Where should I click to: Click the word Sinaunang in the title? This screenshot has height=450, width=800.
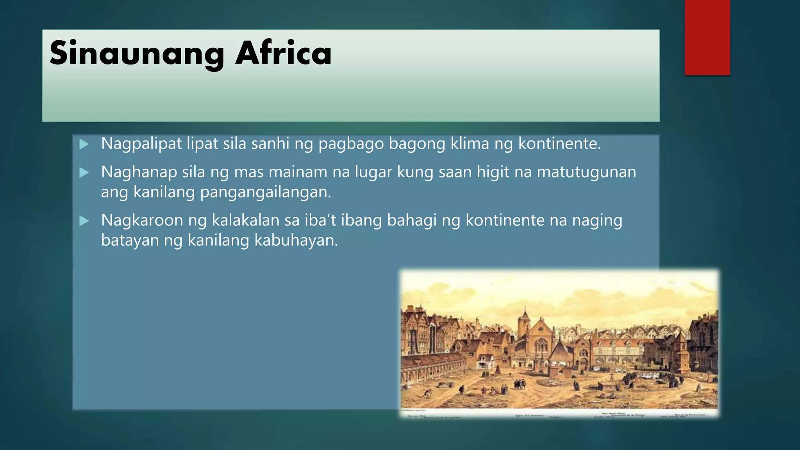[x=137, y=54]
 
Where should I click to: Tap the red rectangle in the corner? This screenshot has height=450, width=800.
[x=707, y=37]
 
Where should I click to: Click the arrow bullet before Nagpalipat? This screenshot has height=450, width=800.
[x=84, y=144]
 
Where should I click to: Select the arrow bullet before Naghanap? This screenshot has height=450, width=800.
[x=84, y=172]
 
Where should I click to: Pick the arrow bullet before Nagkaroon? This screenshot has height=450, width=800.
[x=84, y=221]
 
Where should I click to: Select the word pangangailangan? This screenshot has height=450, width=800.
[x=265, y=192]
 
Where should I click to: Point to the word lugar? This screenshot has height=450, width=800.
[x=373, y=172]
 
